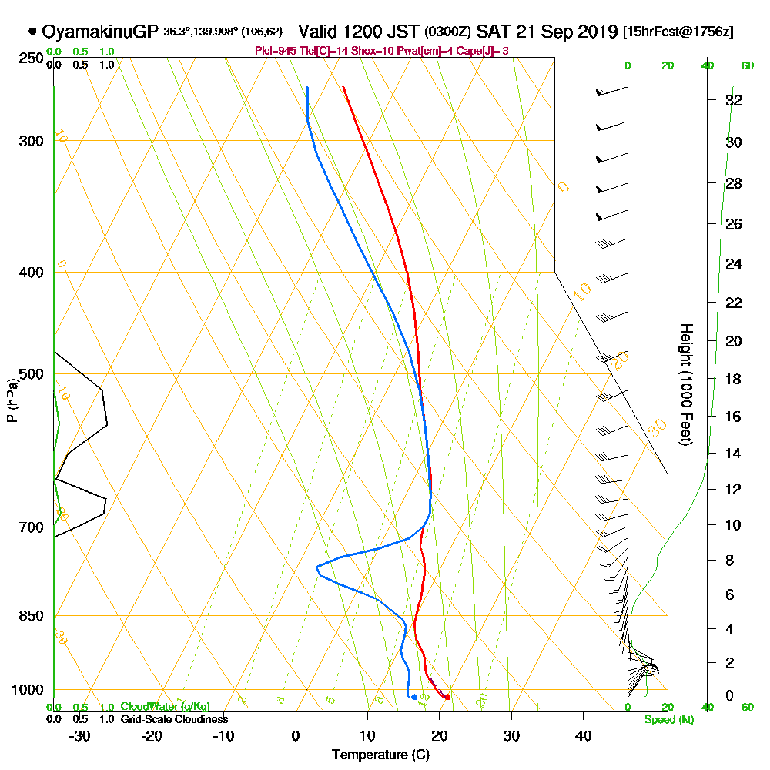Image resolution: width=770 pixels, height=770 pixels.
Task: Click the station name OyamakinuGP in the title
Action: point(100,32)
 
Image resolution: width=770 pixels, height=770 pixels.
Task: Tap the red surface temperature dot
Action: point(447,697)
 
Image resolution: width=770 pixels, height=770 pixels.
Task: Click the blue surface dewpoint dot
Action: point(414,697)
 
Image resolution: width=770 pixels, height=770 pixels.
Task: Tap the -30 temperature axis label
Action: point(80,735)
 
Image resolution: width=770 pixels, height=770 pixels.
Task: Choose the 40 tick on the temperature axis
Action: point(583,735)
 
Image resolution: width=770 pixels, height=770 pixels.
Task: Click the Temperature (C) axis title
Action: point(380,755)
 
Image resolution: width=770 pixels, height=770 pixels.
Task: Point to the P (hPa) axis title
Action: point(12,400)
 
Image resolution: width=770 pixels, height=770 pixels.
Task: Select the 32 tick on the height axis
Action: point(734,100)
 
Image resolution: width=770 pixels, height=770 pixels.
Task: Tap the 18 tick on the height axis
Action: point(734,379)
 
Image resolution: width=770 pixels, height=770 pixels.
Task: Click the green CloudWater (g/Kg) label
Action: point(165,707)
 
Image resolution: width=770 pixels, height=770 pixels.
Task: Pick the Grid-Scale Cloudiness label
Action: point(174,719)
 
